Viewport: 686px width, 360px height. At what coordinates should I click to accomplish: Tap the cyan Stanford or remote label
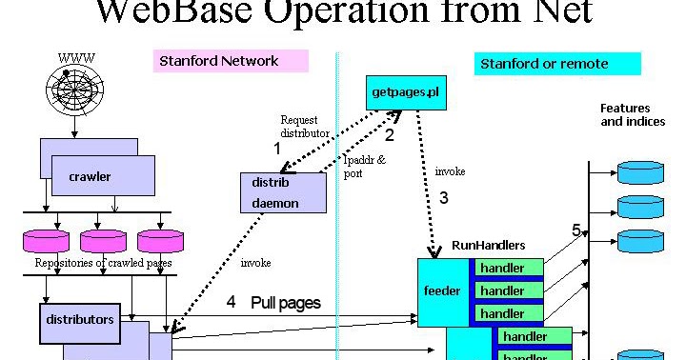point(557,65)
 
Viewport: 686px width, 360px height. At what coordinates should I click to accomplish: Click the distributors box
point(80,320)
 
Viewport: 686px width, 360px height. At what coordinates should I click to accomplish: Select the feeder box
point(441,290)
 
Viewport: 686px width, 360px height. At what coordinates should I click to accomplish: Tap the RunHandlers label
point(489,246)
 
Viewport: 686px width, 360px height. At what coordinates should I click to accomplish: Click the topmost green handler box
point(503,268)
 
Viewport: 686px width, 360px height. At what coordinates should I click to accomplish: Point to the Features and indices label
point(633,115)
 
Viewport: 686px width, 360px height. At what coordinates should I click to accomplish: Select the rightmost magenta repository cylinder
point(160,240)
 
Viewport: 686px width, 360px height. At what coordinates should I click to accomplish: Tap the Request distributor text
point(304,127)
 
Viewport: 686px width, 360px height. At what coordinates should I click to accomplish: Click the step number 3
point(443,198)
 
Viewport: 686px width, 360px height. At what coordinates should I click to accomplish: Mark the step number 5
point(575,230)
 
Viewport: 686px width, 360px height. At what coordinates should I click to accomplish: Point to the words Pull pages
point(286,303)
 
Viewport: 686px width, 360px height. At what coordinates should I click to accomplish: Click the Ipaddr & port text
point(364,167)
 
